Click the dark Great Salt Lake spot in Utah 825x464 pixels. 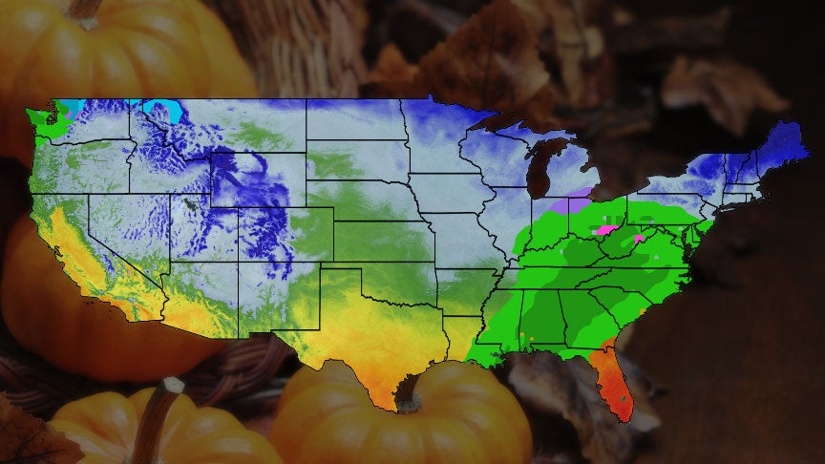[x=191, y=202]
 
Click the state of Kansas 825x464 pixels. [x=382, y=243]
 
